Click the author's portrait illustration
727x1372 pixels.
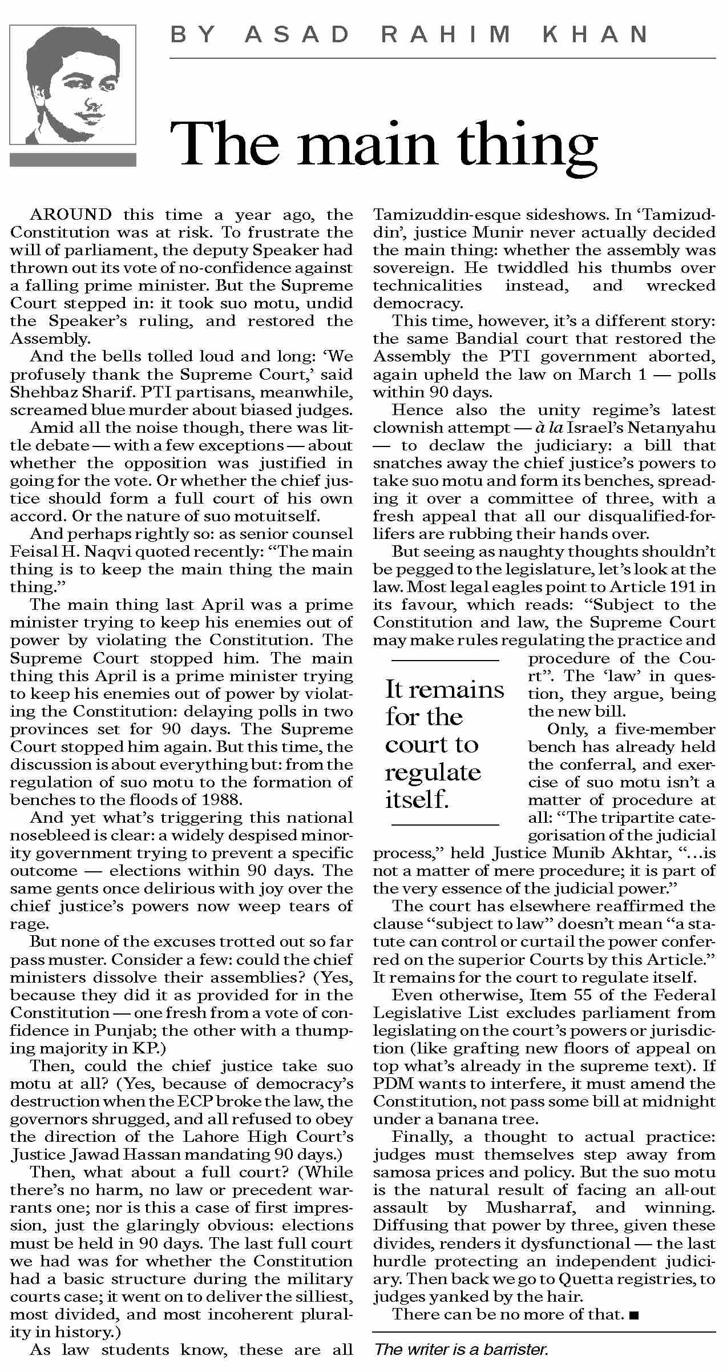[73, 85]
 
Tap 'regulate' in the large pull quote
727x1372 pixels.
[433, 772]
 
